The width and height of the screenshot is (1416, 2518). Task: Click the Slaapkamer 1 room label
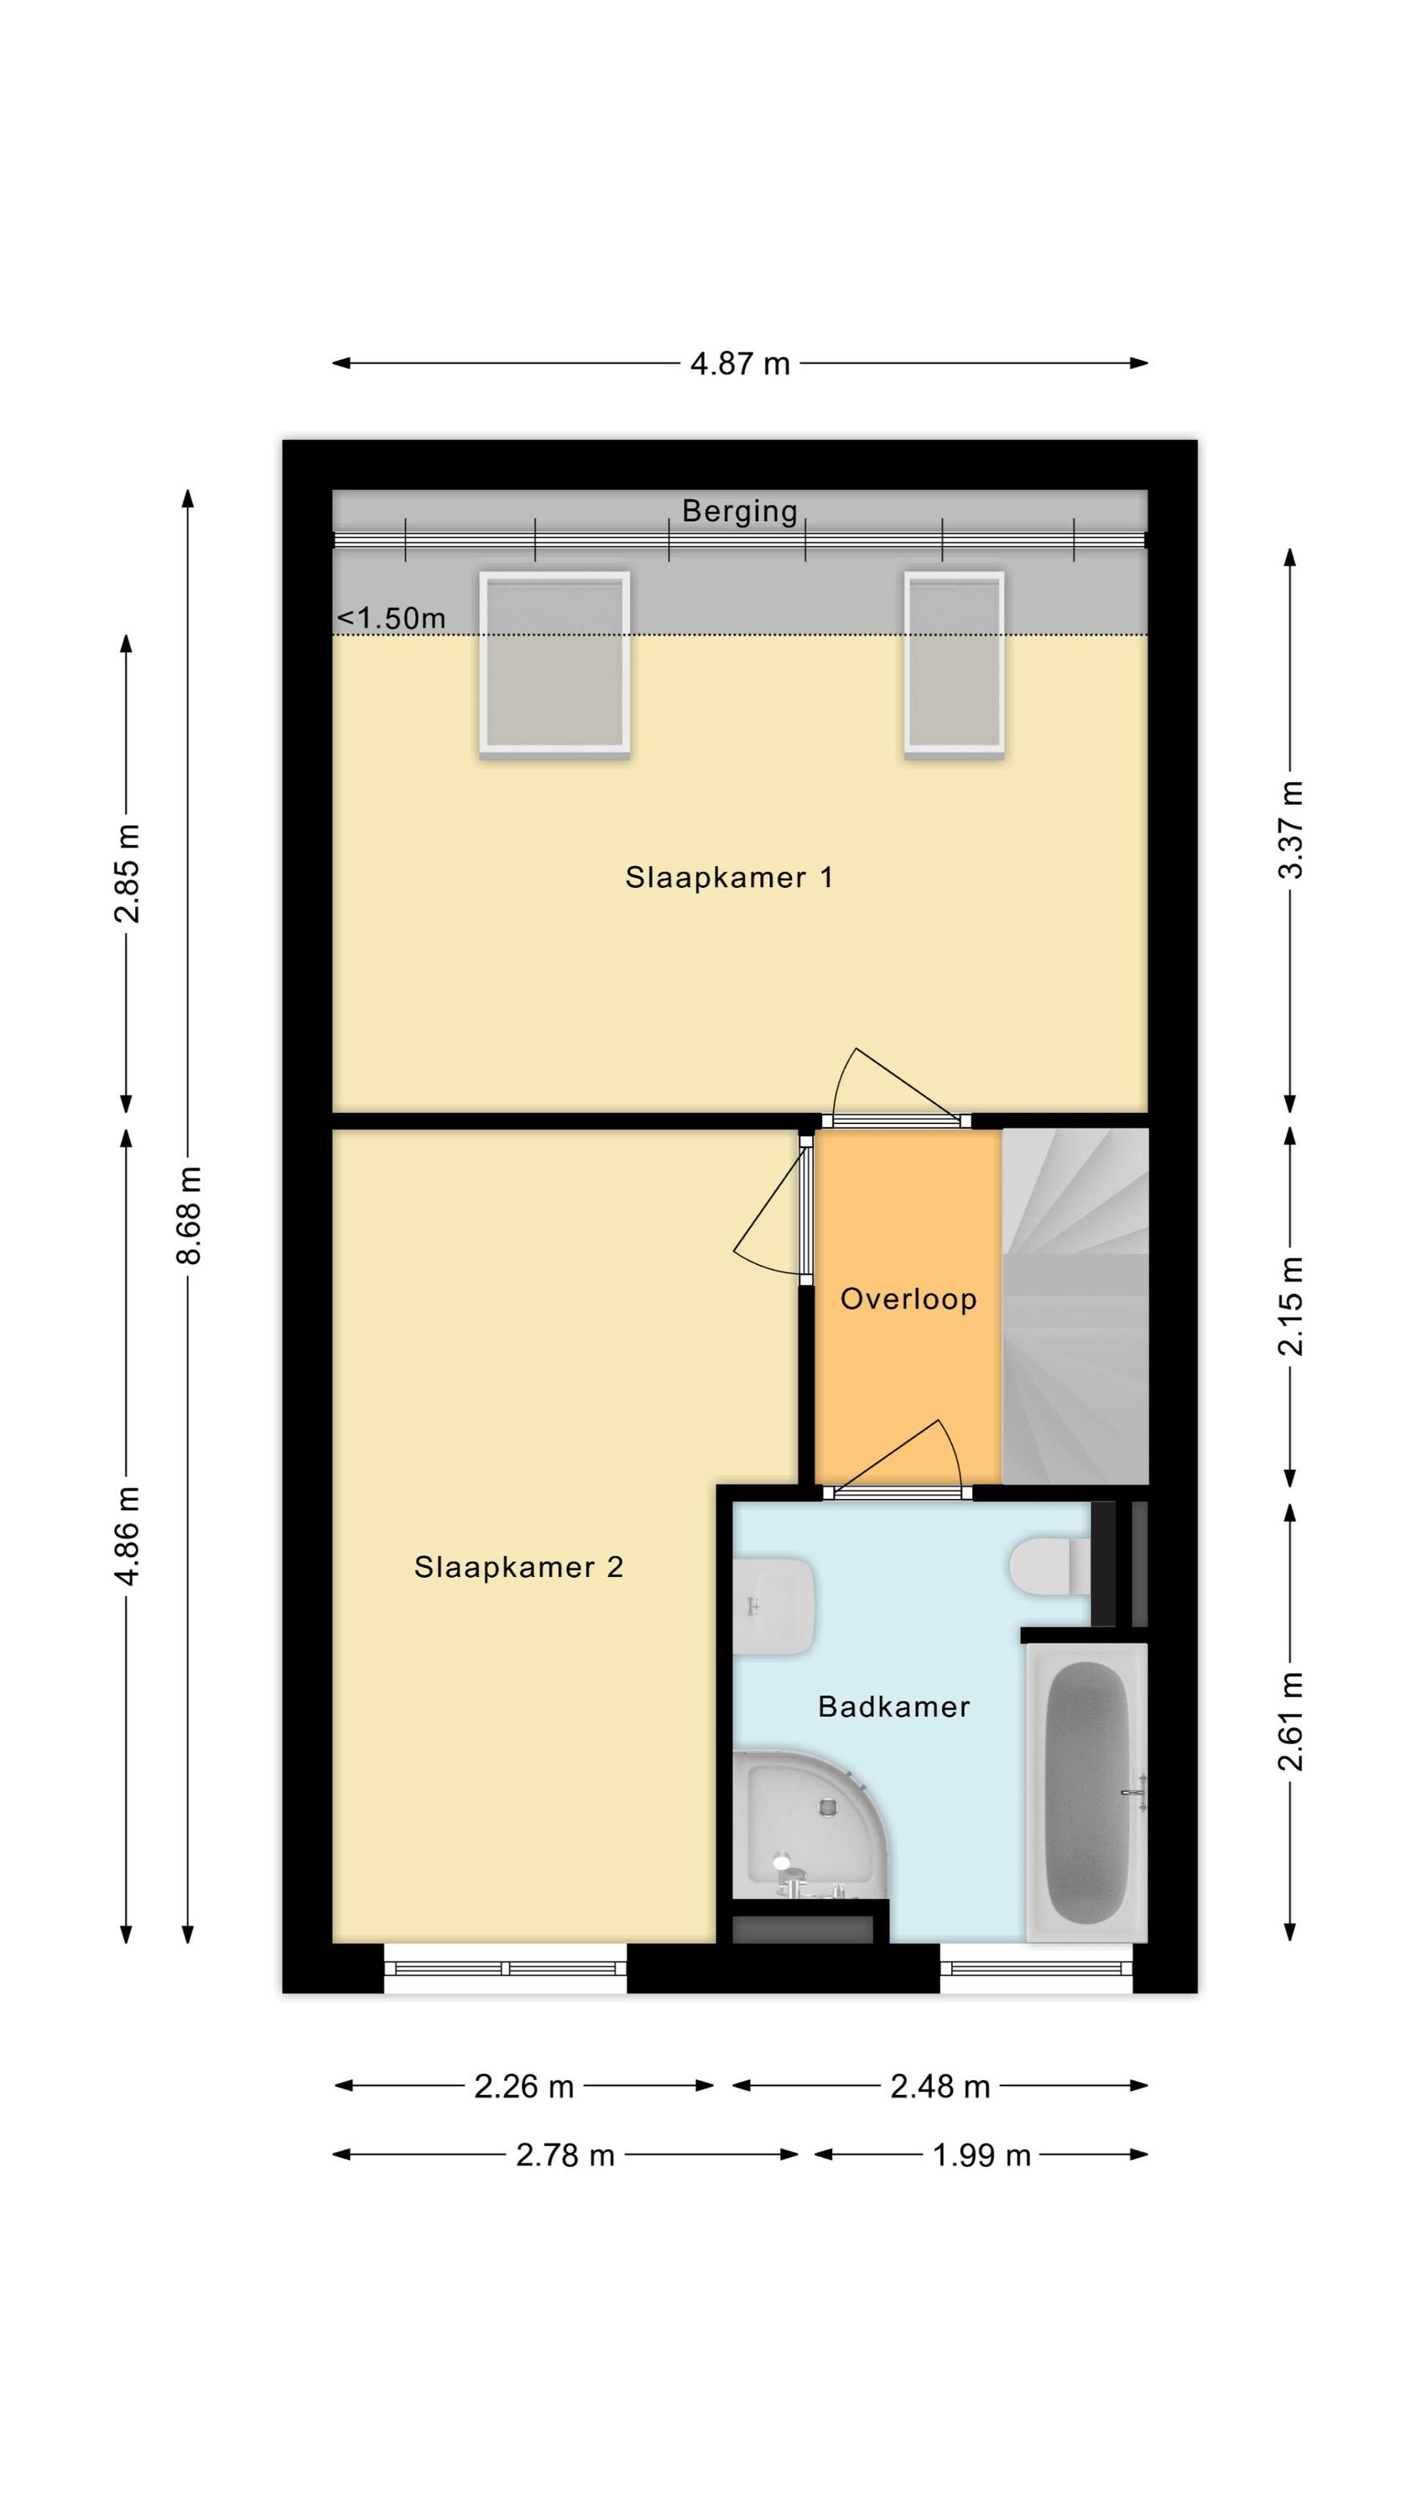(x=729, y=877)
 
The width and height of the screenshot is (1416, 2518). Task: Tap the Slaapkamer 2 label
(x=519, y=1567)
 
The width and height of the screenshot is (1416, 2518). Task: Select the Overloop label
(x=908, y=1299)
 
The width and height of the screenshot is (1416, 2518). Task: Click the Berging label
(x=740, y=511)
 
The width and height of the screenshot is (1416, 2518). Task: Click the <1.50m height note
(x=391, y=618)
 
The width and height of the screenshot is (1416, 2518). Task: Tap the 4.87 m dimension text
(x=740, y=363)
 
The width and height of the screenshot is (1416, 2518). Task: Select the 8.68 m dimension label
(x=188, y=1215)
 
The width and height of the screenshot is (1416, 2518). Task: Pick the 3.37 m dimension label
(x=1290, y=830)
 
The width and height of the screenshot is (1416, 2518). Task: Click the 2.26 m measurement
(x=523, y=2087)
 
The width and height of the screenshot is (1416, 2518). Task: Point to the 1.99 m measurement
(x=981, y=2155)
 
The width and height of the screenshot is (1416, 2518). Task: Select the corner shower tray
(x=810, y=1824)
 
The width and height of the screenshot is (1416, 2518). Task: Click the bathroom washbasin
(x=774, y=1606)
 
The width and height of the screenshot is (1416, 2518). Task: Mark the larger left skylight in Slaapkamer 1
(x=554, y=664)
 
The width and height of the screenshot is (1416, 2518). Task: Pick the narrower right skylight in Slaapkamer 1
(x=954, y=664)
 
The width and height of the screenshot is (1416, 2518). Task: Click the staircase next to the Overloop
(x=1075, y=1306)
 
